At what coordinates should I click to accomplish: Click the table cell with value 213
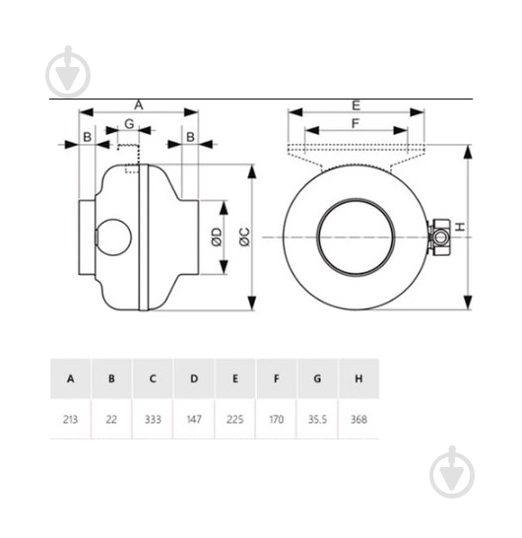70,419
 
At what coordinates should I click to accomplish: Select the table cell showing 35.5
317,419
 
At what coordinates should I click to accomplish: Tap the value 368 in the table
359,419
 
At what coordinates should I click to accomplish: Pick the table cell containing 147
194,419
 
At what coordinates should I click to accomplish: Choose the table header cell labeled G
317,378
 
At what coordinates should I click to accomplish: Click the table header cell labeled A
70,378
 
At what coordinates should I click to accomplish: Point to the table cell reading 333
153,419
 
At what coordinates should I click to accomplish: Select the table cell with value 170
276,419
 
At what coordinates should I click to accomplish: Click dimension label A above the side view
139,105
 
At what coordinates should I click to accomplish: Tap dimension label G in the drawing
129,123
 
